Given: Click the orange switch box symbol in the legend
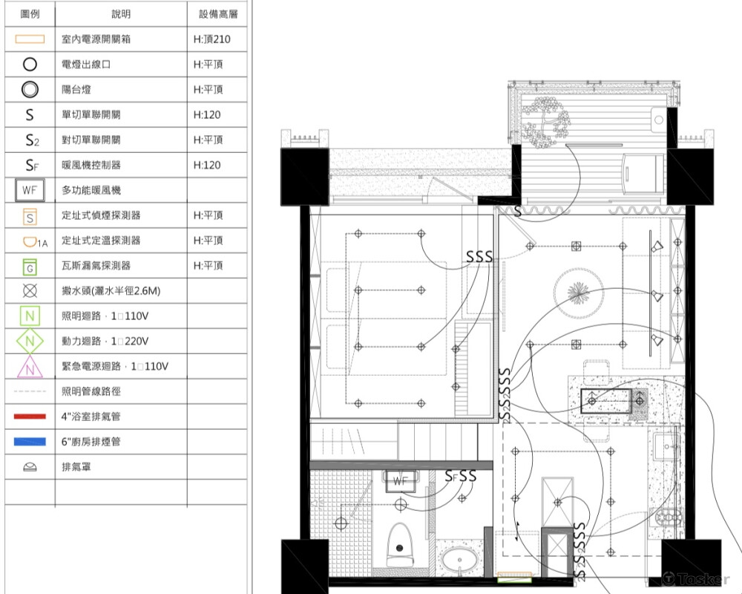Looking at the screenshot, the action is point(30,39).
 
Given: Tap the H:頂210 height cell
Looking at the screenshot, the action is point(212,39).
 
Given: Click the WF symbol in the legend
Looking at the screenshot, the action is point(30,190).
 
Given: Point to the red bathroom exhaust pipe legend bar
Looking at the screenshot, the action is point(30,417).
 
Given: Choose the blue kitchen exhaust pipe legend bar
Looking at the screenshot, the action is point(30,442).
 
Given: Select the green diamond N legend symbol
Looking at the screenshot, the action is point(30,341).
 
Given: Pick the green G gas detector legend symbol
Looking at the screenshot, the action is point(30,267).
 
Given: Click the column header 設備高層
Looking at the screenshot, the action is point(218,14).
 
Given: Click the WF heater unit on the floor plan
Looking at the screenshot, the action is point(401,481).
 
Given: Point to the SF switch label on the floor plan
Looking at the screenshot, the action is point(451,477).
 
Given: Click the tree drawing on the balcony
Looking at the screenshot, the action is point(546,122).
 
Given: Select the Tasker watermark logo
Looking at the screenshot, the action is point(696,579).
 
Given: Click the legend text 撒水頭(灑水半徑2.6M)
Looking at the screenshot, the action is point(111,291).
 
